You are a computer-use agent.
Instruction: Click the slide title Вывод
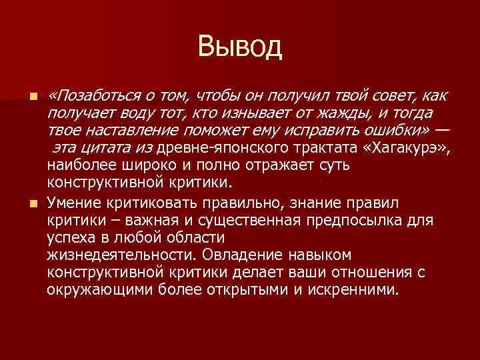coord(240,47)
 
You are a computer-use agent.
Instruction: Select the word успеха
coord(71,238)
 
